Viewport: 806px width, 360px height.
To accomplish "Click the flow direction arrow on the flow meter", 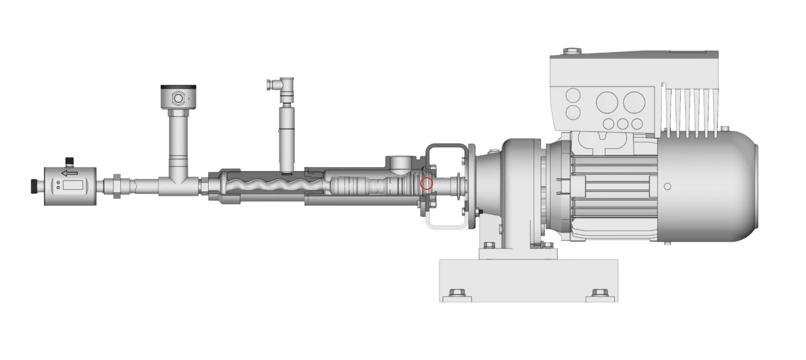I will point(70,173).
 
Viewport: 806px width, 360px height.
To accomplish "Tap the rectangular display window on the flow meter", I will point(73,185).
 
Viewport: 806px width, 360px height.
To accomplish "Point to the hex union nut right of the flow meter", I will point(116,185).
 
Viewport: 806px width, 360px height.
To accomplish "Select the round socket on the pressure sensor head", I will point(178,98).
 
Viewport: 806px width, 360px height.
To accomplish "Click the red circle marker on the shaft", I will point(427,184).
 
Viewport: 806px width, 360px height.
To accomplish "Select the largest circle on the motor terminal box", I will point(634,102).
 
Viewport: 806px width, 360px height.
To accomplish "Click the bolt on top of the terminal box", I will point(572,51).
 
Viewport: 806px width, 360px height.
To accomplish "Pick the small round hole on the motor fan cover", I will point(667,186).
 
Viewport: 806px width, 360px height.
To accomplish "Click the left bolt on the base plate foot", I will point(457,292).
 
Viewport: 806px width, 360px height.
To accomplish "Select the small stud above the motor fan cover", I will point(725,128).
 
